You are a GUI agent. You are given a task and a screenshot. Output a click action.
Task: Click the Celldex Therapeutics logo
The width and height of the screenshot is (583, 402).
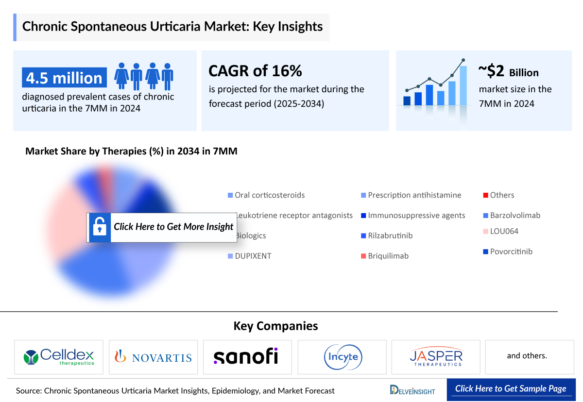pyautogui.click(x=59, y=357)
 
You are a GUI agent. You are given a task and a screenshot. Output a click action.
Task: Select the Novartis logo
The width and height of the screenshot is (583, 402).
pyautogui.click(x=153, y=357)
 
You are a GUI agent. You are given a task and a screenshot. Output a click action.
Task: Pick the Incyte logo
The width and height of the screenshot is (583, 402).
pyautogui.click(x=342, y=357)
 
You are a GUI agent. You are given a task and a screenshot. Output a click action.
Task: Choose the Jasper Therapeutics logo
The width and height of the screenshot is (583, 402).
pyautogui.click(x=436, y=357)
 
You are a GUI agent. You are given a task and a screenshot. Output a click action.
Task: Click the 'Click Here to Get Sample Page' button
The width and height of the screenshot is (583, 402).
pyautogui.click(x=511, y=389)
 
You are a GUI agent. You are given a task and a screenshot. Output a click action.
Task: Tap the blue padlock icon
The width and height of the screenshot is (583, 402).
pyautogui.click(x=99, y=227)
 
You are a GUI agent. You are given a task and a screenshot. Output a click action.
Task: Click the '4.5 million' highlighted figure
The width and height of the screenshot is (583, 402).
pyautogui.click(x=64, y=78)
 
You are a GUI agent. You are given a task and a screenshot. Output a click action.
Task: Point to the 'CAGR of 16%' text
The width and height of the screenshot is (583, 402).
pyautogui.click(x=255, y=71)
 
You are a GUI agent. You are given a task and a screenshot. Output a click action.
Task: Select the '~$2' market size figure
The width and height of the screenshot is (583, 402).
pyautogui.click(x=492, y=71)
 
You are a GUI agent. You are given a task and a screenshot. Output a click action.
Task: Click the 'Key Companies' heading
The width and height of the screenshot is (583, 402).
pyautogui.click(x=275, y=326)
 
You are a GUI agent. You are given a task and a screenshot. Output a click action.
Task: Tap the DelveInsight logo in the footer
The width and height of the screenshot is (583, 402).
pyautogui.click(x=412, y=390)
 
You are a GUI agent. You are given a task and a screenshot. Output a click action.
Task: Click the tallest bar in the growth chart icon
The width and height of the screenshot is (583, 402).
pyautogui.click(x=463, y=85)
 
